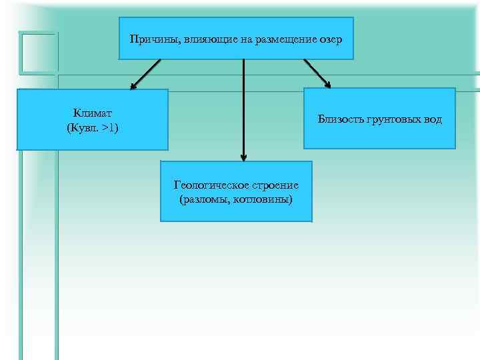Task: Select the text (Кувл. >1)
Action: (x=93, y=127)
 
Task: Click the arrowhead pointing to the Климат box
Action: (x=133, y=86)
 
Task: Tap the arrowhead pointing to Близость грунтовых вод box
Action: (x=327, y=84)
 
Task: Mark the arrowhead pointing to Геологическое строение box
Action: (x=243, y=158)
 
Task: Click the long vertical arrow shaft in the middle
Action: (x=243, y=107)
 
